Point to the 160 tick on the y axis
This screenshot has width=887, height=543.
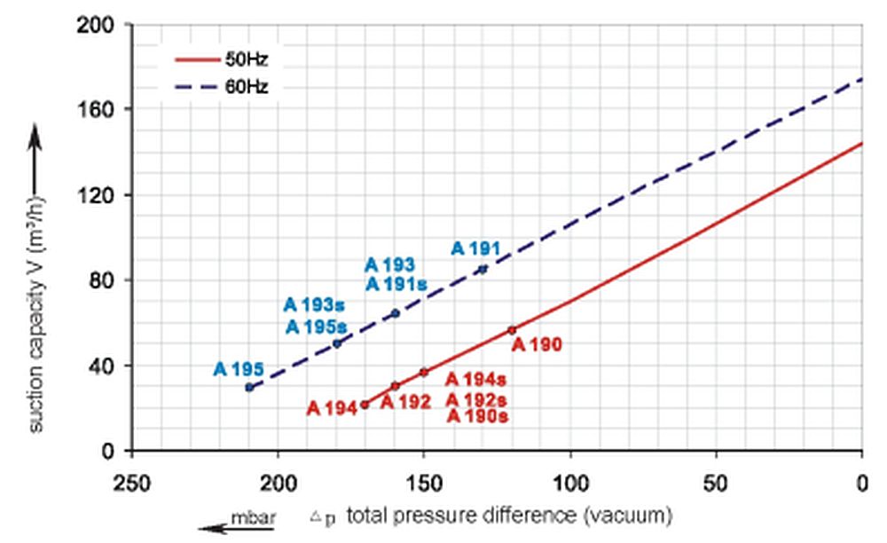pos(106,110)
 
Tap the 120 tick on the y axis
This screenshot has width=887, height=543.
pos(106,195)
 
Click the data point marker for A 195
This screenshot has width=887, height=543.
pos(249,387)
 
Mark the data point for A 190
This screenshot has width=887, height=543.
pos(512,330)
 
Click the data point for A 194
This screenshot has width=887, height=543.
pos(365,405)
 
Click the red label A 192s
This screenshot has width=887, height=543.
pos(476,398)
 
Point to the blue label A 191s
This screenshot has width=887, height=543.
pos(397,284)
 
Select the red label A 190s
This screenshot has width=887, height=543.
pos(477,416)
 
